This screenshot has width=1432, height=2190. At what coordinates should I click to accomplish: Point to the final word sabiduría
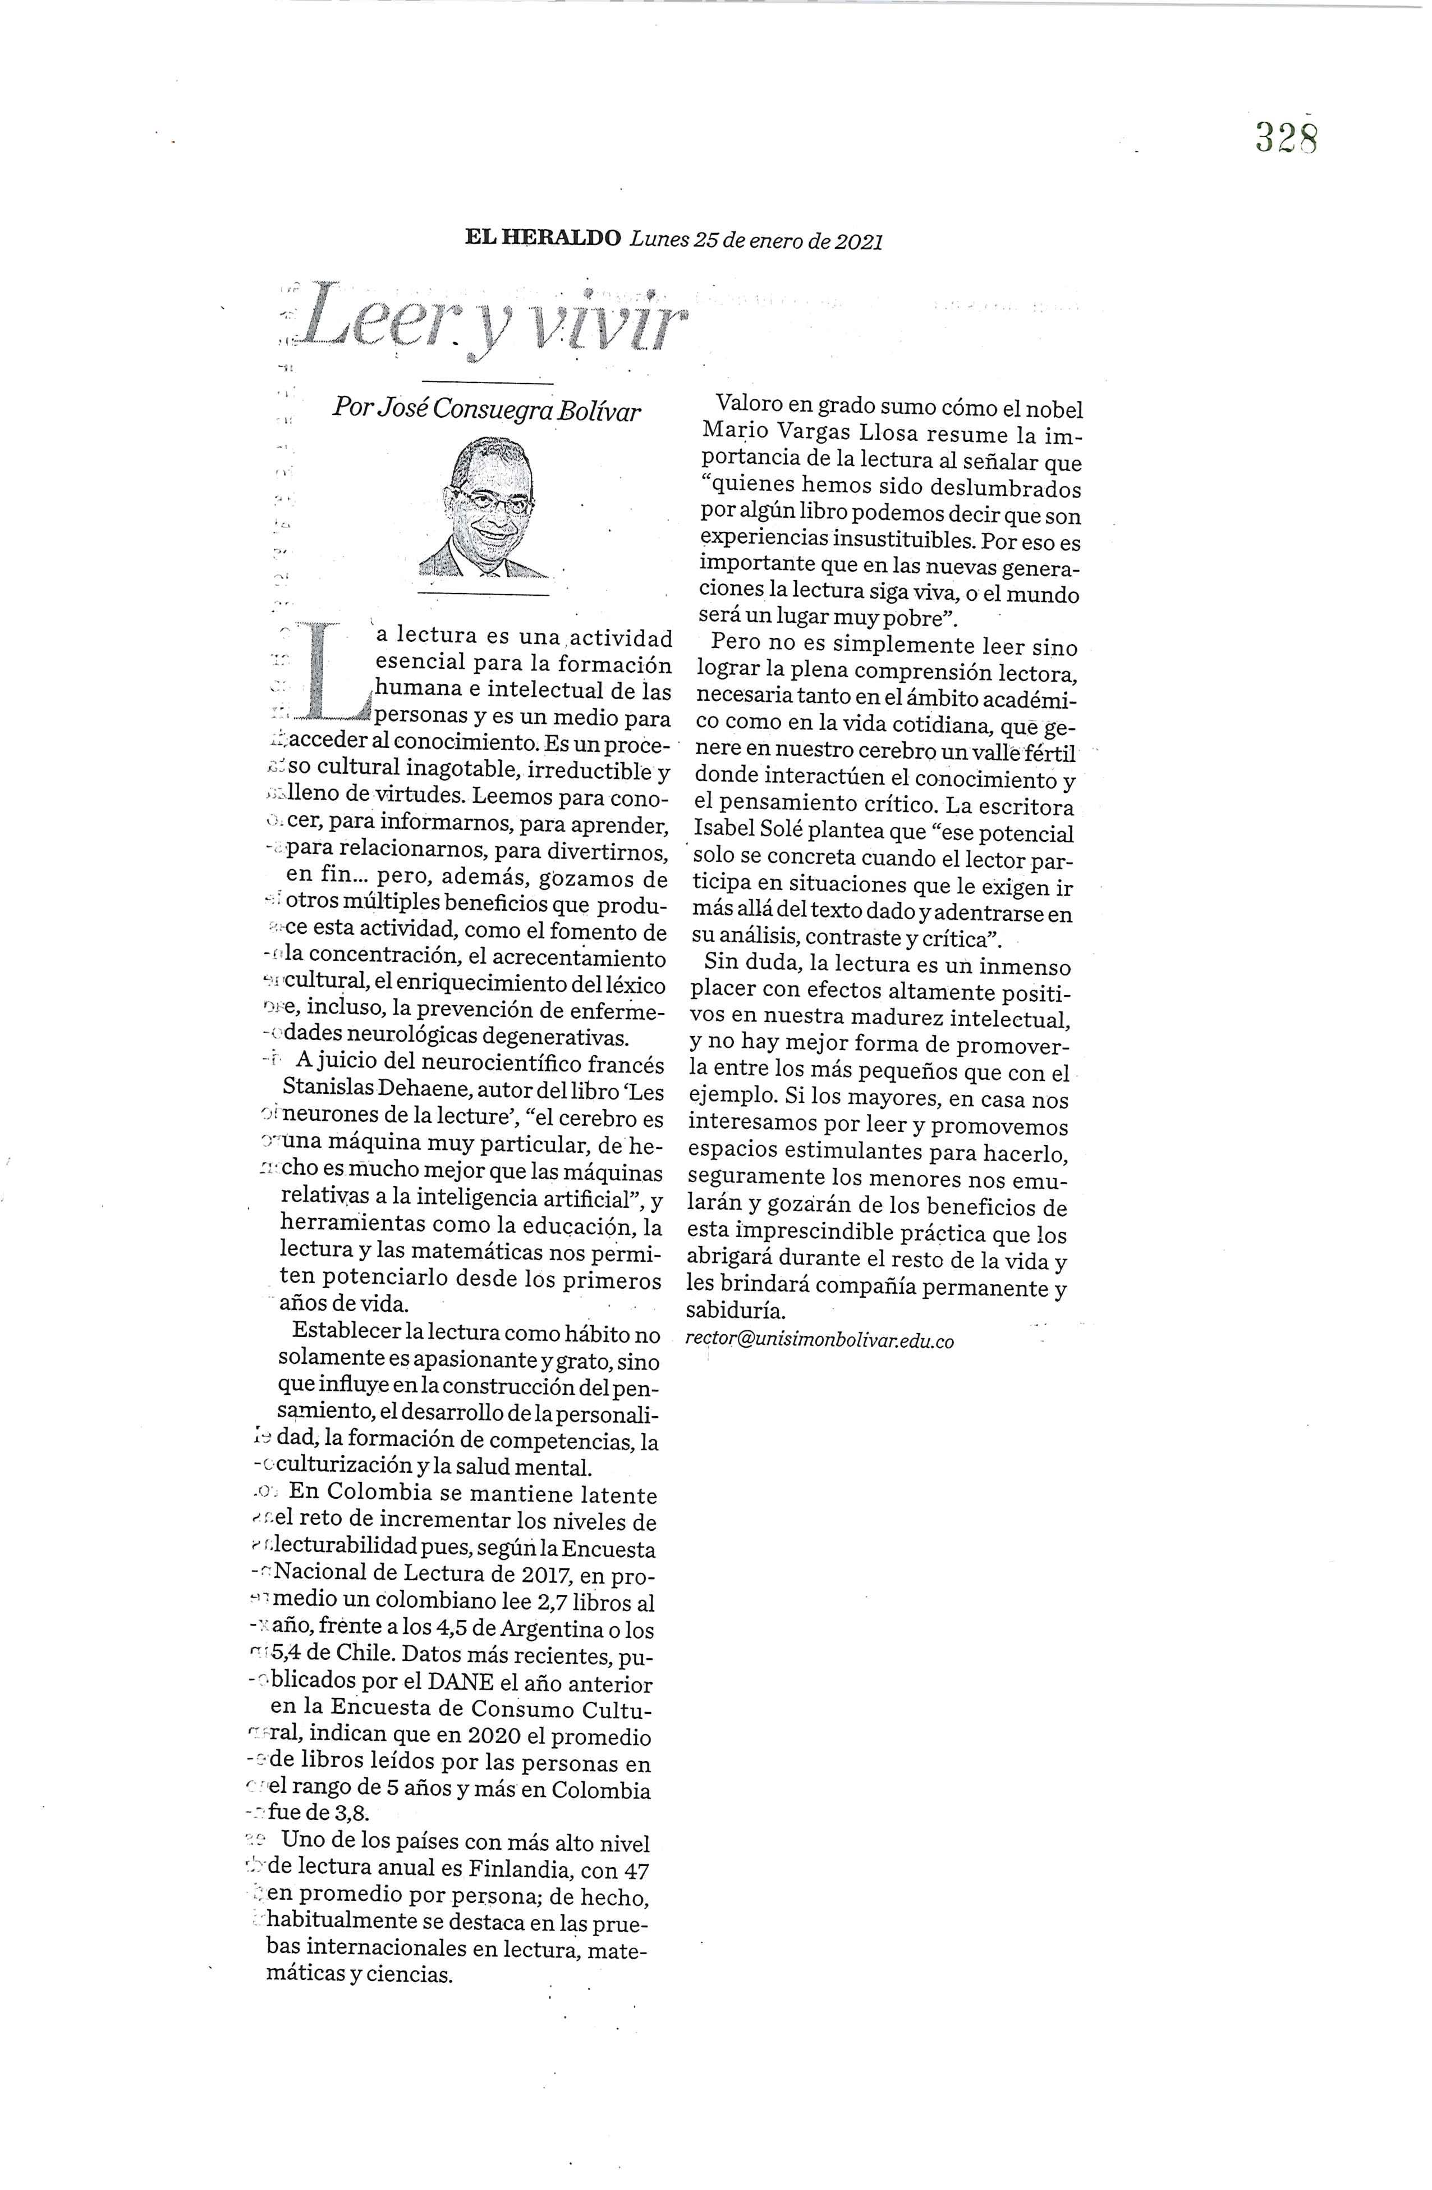point(736,1310)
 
